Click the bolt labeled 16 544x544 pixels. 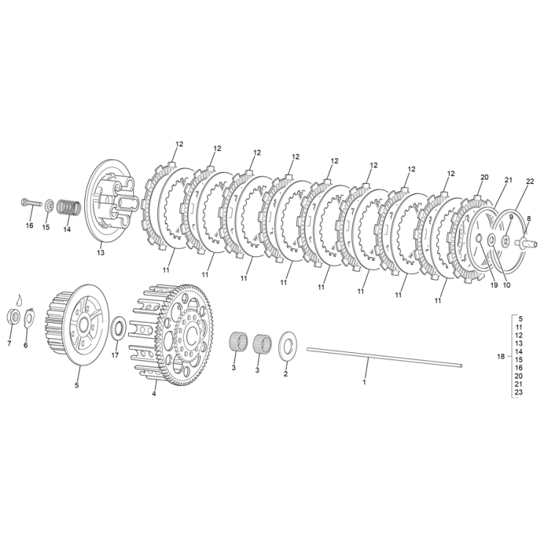click(x=31, y=201)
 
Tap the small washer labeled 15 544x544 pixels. click(x=48, y=206)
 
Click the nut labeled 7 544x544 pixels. click(x=13, y=316)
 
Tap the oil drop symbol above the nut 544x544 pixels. click(x=20, y=299)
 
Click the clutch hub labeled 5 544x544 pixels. click(x=72, y=324)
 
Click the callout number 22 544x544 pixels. click(x=529, y=182)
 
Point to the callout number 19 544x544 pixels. click(x=493, y=285)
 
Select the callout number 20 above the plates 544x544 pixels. click(x=484, y=177)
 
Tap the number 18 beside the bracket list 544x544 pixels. click(x=501, y=357)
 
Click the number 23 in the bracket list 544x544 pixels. click(x=518, y=392)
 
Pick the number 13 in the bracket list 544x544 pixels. click(x=518, y=343)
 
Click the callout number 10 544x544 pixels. click(x=507, y=285)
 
